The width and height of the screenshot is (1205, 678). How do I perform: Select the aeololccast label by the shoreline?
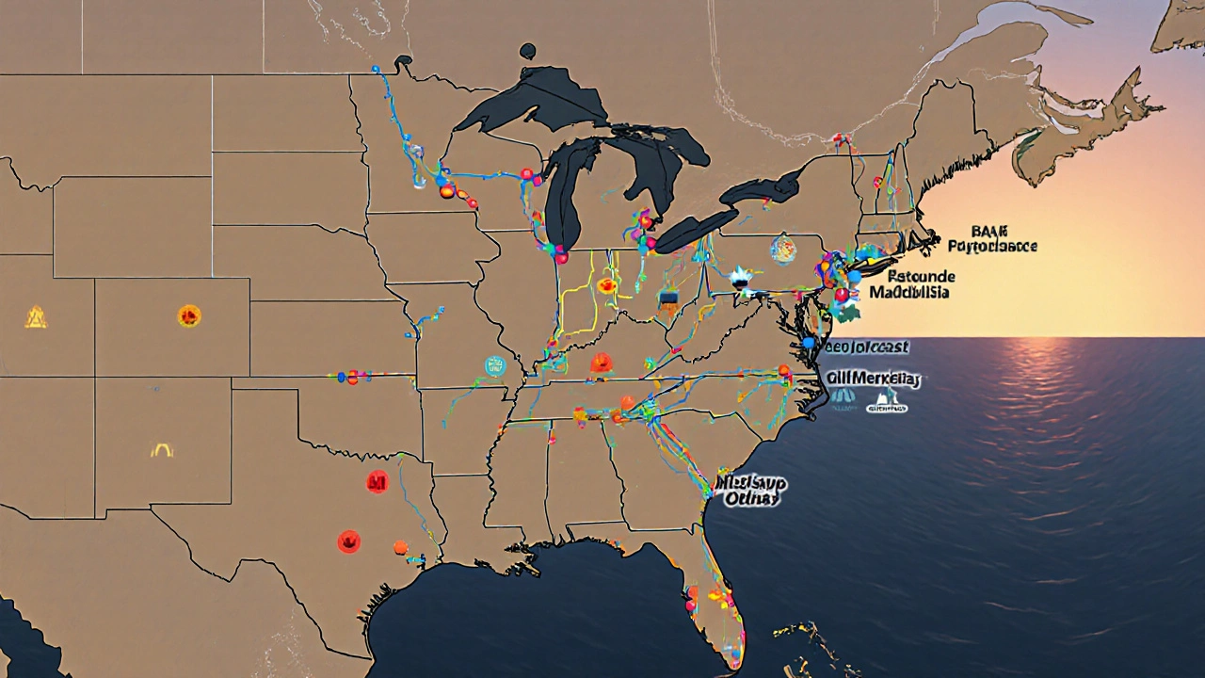point(865,347)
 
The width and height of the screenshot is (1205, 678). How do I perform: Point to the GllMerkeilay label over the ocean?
point(873,379)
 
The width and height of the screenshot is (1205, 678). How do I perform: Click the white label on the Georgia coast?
point(751,491)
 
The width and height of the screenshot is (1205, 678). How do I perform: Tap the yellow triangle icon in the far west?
point(36,318)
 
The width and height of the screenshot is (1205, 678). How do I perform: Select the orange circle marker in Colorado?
point(189,316)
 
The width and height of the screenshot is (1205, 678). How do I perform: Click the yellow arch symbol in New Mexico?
point(162,451)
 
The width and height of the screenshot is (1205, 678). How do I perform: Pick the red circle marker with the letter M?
point(378,483)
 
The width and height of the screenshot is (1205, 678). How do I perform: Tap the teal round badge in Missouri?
point(495,366)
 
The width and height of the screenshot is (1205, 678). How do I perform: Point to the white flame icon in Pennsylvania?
point(740,277)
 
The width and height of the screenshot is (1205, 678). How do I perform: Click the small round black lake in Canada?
point(527,52)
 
